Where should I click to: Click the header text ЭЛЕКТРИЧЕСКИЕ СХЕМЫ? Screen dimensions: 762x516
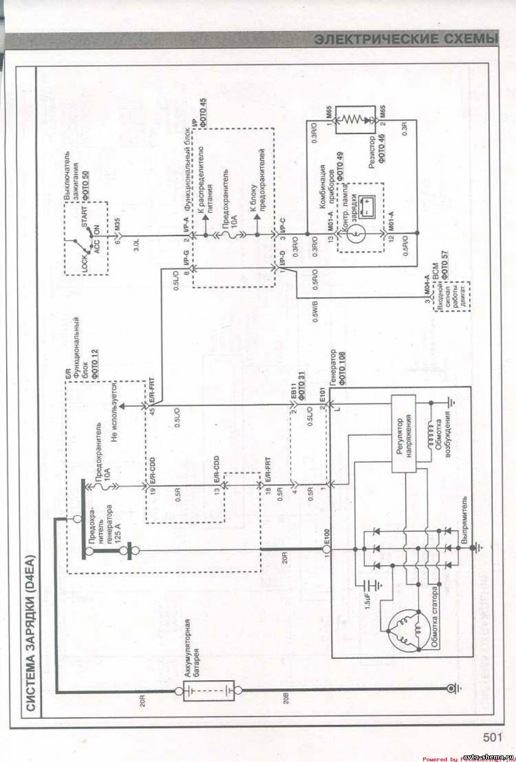(404, 39)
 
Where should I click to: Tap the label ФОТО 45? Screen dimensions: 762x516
(203, 108)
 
